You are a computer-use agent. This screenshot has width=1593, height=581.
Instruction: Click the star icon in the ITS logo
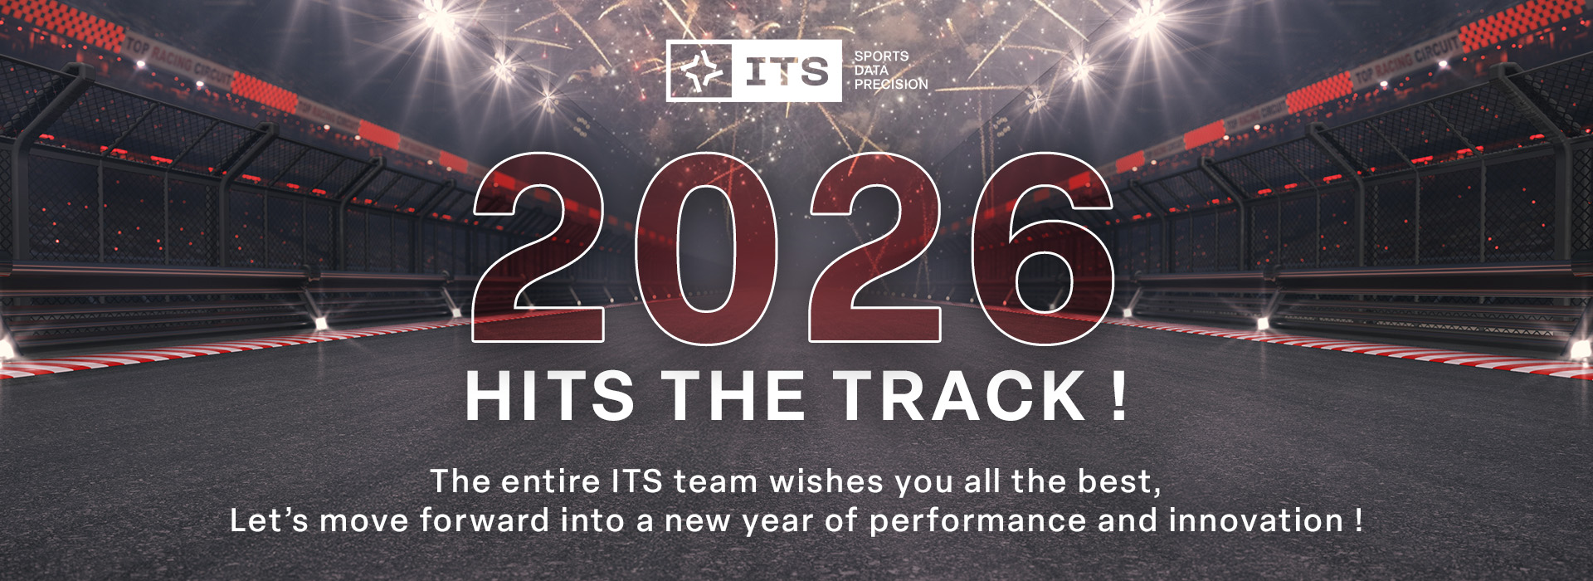click(x=697, y=71)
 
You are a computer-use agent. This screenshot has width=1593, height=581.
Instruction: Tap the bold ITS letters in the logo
click(x=787, y=71)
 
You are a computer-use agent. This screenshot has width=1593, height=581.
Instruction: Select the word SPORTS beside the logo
click(x=881, y=56)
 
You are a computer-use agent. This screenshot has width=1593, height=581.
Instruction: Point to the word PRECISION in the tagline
click(x=891, y=85)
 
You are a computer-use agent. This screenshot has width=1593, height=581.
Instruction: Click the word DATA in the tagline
click(x=871, y=71)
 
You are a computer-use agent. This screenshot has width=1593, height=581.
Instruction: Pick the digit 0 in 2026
click(x=707, y=247)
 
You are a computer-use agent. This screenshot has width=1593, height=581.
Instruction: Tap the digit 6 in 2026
click(x=1042, y=247)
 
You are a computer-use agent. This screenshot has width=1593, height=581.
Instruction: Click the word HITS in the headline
click(x=550, y=396)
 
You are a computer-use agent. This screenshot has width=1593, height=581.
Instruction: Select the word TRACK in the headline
click(x=960, y=396)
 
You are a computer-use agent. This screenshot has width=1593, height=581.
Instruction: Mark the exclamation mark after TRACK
click(x=1118, y=396)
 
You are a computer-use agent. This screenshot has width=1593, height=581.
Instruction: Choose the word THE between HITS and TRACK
click(x=733, y=396)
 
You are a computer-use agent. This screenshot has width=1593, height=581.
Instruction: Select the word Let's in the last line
click(x=269, y=520)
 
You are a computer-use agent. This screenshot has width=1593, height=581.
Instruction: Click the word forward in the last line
click(x=485, y=520)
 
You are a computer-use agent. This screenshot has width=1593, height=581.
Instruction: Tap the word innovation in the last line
click(x=1256, y=520)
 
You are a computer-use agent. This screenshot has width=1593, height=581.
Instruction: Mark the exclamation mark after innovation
click(x=1358, y=520)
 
